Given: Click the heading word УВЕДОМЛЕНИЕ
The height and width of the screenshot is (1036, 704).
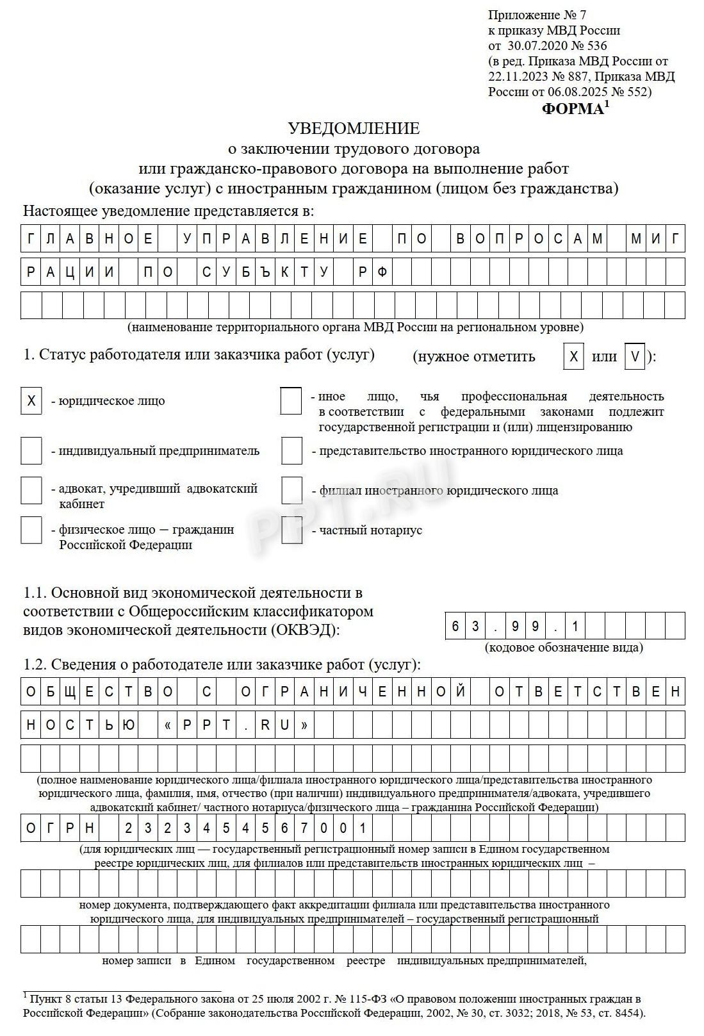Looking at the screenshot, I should [x=354, y=129].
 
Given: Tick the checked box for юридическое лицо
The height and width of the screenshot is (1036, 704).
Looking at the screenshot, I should [x=31, y=401].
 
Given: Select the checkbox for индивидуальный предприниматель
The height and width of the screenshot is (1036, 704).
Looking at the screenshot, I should [x=31, y=451].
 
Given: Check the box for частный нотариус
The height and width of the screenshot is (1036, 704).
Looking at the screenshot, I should [x=291, y=530].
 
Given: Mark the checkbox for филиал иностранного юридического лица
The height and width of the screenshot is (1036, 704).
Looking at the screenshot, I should [x=291, y=491].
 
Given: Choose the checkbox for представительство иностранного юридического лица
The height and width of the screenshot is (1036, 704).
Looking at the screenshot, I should [x=291, y=451].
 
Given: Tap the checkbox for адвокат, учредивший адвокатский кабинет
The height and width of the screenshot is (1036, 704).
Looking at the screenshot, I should [x=31, y=491].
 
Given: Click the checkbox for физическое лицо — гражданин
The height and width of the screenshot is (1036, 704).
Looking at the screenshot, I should [x=31, y=530].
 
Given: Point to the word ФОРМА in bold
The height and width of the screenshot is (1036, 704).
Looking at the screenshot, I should [x=573, y=109].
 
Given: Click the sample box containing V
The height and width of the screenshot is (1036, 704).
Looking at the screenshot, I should [x=634, y=357].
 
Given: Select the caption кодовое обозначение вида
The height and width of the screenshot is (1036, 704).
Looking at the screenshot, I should [x=564, y=647].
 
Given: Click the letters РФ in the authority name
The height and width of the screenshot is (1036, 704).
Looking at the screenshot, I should [x=372, y=272].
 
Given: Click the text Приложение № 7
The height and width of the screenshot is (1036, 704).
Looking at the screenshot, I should [x=537, y=15].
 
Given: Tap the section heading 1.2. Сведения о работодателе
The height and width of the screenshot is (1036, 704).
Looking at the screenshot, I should [x=222, y=665].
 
